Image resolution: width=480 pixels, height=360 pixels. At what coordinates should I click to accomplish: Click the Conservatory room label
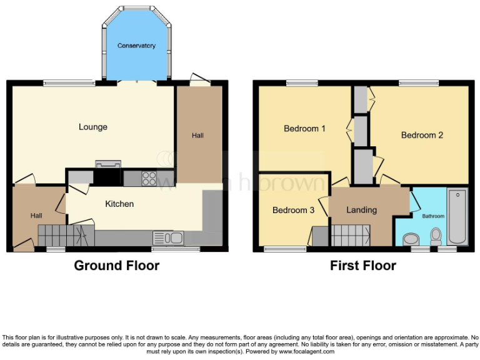(x=136, y=46)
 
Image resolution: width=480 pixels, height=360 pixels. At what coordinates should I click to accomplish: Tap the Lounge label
(x=93, y=127)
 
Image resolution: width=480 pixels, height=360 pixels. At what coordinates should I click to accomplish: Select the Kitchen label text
(x=119, y=204)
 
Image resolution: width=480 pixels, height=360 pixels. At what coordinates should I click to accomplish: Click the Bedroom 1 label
(x=305, y=129)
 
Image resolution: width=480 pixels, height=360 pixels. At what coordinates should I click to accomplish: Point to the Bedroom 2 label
(x=422, y=135)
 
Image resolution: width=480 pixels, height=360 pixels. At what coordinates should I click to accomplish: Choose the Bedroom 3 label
(x=293, y=211)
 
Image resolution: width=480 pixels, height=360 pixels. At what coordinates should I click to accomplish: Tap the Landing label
(x=361, y=210)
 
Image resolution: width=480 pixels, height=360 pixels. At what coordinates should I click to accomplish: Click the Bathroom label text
(x=432, y=216)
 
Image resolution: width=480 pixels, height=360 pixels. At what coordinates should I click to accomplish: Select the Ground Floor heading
(x=117, y=266)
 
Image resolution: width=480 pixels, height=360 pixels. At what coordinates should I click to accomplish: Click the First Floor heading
(x=363, y=266)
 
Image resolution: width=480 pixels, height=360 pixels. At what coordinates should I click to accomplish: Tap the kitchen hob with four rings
(x=149, y=178)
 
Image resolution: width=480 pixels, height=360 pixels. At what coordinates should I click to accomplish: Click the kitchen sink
(x=167, y=237)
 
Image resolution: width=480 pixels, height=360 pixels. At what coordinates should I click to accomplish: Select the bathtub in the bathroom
(x=457, y=216)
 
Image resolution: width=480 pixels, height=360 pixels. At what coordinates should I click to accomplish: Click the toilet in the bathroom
(x=436, y=236)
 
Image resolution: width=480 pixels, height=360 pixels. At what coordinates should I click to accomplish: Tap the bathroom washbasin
(x=411, y=239)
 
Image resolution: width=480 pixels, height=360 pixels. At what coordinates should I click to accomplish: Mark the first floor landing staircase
(x=351, y=236)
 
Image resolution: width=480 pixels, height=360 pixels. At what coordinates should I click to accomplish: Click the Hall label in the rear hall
(x=197, y=136)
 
